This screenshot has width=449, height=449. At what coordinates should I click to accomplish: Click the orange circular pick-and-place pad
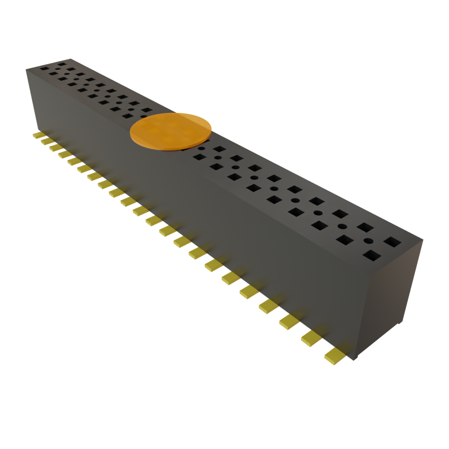click(171, 131)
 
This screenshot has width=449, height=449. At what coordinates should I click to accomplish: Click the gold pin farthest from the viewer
click(39, 135)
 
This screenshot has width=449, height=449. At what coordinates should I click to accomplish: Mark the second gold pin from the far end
click(46, 141)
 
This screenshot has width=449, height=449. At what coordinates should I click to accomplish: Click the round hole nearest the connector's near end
click(368, 241)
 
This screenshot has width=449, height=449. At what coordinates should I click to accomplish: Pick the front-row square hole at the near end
click(372, 255)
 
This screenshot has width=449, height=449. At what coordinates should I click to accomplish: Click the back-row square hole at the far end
click(62, 64)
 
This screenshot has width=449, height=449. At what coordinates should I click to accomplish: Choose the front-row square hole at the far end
click(44, 68)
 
